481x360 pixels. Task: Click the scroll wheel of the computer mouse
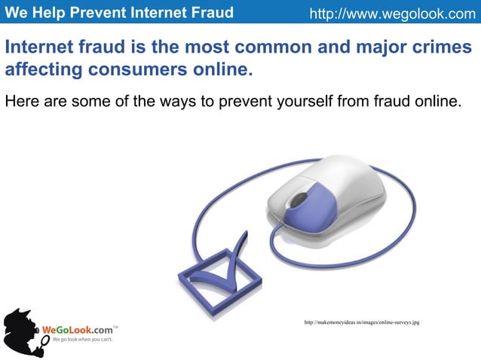299,200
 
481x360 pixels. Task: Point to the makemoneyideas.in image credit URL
361,322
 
